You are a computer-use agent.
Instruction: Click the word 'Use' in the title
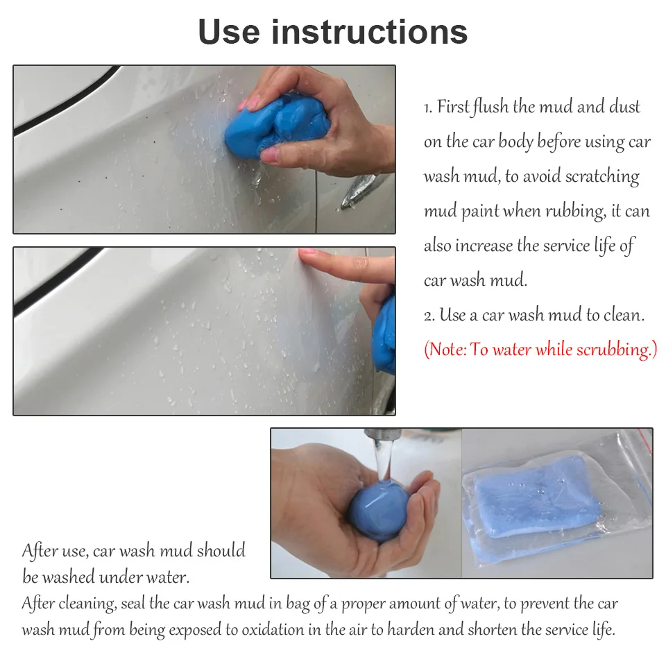(229, 32)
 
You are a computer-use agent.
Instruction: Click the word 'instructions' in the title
(369, 32)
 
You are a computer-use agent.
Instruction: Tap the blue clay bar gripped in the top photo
(277, 126)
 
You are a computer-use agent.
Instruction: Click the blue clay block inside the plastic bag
(537, 496)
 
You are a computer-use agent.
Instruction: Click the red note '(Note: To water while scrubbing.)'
(540, 350)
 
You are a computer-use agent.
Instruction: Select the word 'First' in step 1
(453, 106)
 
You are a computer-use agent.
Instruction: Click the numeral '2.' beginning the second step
(429, 316)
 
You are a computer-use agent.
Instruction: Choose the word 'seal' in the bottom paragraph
(133, 603)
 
